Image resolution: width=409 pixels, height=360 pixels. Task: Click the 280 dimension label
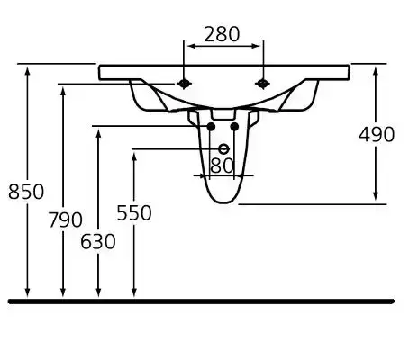[222, 34]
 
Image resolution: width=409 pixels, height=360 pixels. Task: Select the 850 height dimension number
[26, 192]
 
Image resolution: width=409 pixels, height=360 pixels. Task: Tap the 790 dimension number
[66, 220]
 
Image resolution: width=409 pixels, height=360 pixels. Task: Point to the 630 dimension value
[98, 241]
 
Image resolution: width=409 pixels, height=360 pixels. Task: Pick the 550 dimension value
[134, 213]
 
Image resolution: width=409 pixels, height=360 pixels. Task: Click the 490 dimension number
[377, 134]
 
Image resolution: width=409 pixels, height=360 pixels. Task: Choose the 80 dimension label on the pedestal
[223, 166]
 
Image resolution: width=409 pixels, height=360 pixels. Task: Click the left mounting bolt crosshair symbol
[184, 84]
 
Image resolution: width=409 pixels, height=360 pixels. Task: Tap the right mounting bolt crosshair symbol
[263, 84]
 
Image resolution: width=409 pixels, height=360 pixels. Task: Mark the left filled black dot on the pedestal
[211, 127]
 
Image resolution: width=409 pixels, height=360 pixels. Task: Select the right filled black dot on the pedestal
[234, 127]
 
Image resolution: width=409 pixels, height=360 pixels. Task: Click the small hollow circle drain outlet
[223, 149]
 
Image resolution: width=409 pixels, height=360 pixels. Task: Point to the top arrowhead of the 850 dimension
[27, 72]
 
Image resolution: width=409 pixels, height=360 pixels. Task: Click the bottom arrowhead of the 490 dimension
[376, 196]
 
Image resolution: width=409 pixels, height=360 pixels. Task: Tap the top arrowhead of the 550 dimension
[134, 157]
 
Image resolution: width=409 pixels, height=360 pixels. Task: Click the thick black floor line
[201, 301]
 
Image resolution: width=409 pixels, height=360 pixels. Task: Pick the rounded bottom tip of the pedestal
[224, 203]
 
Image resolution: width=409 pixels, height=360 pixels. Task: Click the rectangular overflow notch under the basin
[223, 114]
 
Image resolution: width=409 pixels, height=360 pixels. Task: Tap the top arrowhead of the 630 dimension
[98, 134]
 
